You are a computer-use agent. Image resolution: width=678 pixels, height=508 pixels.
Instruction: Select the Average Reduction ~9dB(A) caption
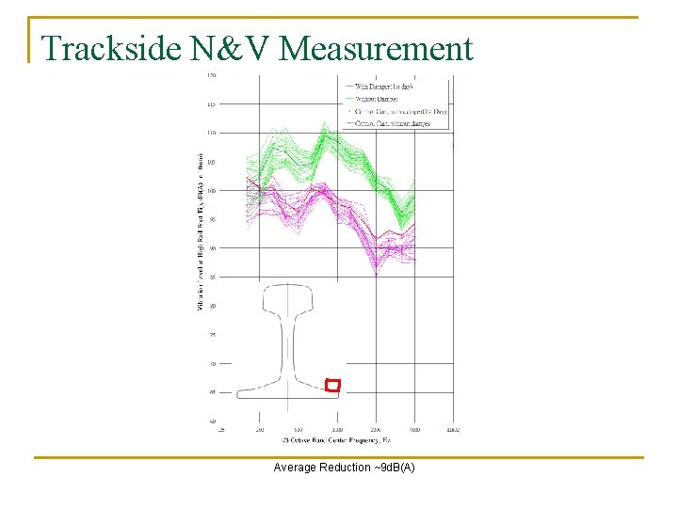click(344, 468)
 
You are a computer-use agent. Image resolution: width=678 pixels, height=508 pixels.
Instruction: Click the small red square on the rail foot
click(331, 385)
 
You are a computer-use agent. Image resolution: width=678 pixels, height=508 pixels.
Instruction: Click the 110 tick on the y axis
click(211, 133)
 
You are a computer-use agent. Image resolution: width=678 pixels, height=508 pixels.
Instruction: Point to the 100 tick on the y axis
click(211, 190)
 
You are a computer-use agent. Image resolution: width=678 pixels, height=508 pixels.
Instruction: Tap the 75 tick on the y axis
click(212, 334)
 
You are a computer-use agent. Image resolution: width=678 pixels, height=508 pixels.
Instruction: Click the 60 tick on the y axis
click(212, 421)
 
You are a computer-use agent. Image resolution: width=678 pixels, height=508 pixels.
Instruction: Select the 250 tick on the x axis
click(260, 429)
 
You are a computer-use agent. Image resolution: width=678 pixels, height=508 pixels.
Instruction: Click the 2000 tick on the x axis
click(376, 429)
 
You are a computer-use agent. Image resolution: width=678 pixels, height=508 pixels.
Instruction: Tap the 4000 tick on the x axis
click(414, 429)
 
